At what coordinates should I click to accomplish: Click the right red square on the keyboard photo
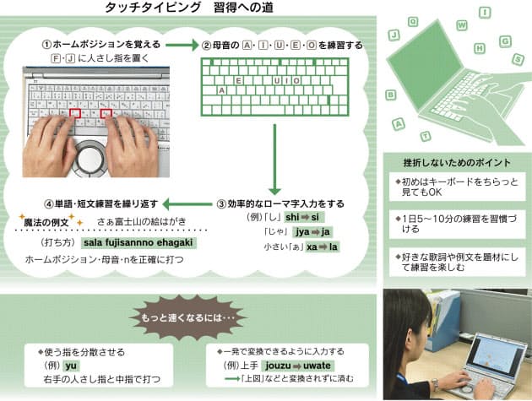pyautogui.click(x=106, y=112)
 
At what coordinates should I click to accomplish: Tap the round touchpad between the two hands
pyautogui.click(x=90, y=156)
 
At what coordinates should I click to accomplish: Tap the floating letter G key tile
pyautogui.click(x=505, y=40)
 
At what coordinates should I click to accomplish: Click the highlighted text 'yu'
pyautogui.click(x=71, y=365)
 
